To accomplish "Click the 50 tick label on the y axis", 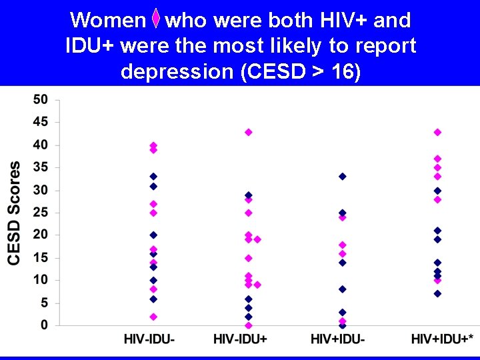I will click(41, 100).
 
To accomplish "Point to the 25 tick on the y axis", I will click(41, 213).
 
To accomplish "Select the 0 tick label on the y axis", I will click(44, 325).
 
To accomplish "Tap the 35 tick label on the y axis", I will click(41, 168).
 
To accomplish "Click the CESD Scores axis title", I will click(14, 213).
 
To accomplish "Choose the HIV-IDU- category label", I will click(150, 339).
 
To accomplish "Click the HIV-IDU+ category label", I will click(240, 339).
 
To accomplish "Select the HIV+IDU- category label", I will click(337, 339).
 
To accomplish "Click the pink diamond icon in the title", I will click(155, 21).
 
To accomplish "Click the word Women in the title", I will click(107, 21).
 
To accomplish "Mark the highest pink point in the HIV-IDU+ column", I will click(249, 132).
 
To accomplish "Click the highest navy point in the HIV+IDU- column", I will click(343, 177).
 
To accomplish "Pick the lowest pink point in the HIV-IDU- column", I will click(153, 317).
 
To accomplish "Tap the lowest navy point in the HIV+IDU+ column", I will click(437, 294).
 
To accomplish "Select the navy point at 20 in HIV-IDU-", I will click(153, 235).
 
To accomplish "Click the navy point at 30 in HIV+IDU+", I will click(437, 191).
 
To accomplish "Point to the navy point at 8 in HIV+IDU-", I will click(343, 289).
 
